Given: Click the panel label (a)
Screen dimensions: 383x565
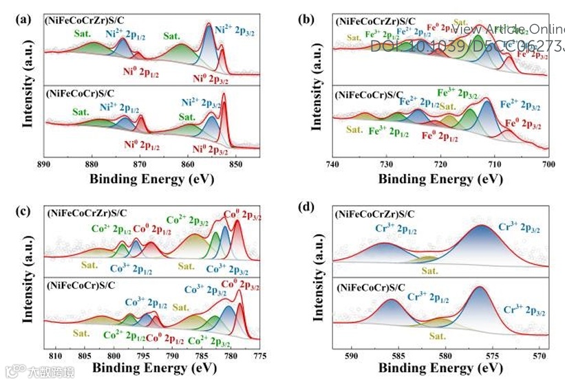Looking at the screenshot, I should pos(22,20).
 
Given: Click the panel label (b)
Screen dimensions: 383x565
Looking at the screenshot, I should pos(307,20).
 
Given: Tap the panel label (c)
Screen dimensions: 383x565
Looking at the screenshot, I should pos(22,210).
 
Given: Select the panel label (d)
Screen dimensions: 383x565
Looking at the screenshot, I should pos(307,210).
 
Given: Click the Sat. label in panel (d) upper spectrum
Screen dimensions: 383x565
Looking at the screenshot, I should pos(429,271).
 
